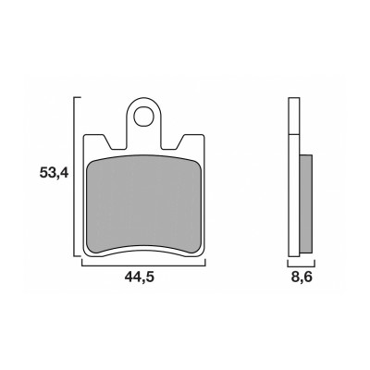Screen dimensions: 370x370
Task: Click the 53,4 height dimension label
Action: pyautogui.click(x=54, y=172)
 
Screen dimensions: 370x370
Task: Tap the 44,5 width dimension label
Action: pyautogui.click(x=139, y=277)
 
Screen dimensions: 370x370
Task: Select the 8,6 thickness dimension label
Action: pyautogui.click(x=302, y=277)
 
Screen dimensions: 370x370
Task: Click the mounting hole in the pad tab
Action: pyautogui.click(x=143, y=116)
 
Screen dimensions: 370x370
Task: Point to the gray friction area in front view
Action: pyautogui.click(x=143, y=204)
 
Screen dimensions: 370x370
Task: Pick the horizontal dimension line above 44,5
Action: pyautogui.click(x=143, y=265)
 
